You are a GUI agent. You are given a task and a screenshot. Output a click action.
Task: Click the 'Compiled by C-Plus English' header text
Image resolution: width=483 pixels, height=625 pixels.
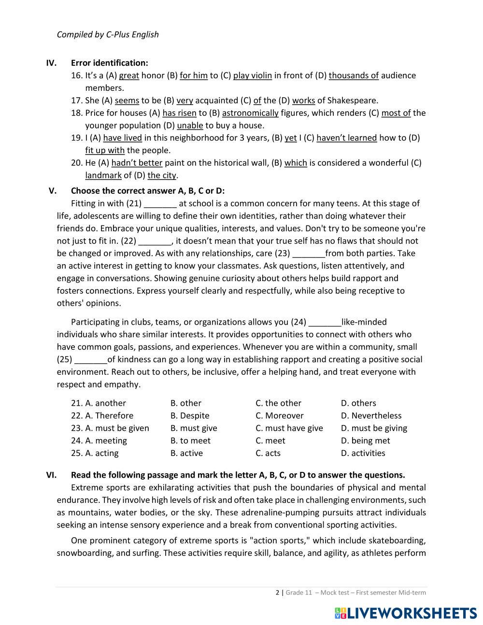(108, 34)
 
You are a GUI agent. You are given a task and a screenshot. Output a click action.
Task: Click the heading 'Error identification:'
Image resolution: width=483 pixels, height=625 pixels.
(109, 63)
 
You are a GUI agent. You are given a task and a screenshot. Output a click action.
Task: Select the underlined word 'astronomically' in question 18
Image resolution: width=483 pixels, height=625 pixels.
(250, 113)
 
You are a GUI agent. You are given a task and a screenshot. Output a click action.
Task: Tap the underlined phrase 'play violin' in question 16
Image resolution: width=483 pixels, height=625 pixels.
(252, 75)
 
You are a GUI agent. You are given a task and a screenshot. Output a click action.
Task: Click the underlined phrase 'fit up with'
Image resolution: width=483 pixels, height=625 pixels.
(105, 150)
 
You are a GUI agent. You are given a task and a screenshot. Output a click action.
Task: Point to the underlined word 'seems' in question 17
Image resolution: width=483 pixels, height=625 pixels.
(127, 100)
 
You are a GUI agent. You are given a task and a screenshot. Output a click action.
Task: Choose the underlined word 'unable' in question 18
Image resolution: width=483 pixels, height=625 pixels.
(190, 126)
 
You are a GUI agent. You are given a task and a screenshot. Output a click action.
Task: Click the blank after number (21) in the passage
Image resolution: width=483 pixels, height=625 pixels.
(160, 203)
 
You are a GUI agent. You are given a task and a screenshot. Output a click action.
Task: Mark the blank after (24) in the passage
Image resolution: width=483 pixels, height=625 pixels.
(325, 322)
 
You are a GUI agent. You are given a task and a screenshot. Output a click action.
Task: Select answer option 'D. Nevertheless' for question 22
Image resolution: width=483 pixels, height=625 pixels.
(371, 416)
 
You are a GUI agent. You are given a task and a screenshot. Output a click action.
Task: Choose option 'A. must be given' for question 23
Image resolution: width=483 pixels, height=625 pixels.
(110, 428)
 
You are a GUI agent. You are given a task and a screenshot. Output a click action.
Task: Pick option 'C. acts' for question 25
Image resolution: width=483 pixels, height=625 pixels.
(268, 454)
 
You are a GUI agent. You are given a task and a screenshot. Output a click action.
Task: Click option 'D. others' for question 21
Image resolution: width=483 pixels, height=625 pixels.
(358, 403)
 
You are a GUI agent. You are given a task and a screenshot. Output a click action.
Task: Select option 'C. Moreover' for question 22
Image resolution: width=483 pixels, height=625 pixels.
(279, 416)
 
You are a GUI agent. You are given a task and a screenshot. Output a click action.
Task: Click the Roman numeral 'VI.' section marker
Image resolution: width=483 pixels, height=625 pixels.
(51, 475)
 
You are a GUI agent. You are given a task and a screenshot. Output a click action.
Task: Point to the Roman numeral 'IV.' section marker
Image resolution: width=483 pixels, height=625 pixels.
(51, 63)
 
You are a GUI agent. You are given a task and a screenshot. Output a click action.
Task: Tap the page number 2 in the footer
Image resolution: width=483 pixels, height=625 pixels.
(277, 593)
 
